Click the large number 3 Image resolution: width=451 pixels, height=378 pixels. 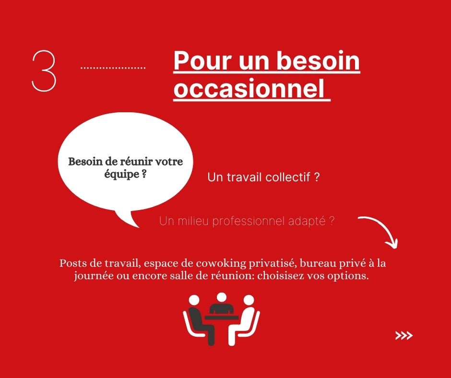44,71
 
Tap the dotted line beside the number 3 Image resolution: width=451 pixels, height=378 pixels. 113,68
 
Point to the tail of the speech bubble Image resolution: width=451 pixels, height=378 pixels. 128,219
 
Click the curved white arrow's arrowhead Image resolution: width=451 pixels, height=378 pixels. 392,243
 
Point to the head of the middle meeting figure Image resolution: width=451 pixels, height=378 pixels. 222,297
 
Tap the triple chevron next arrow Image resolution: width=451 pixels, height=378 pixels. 404,335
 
